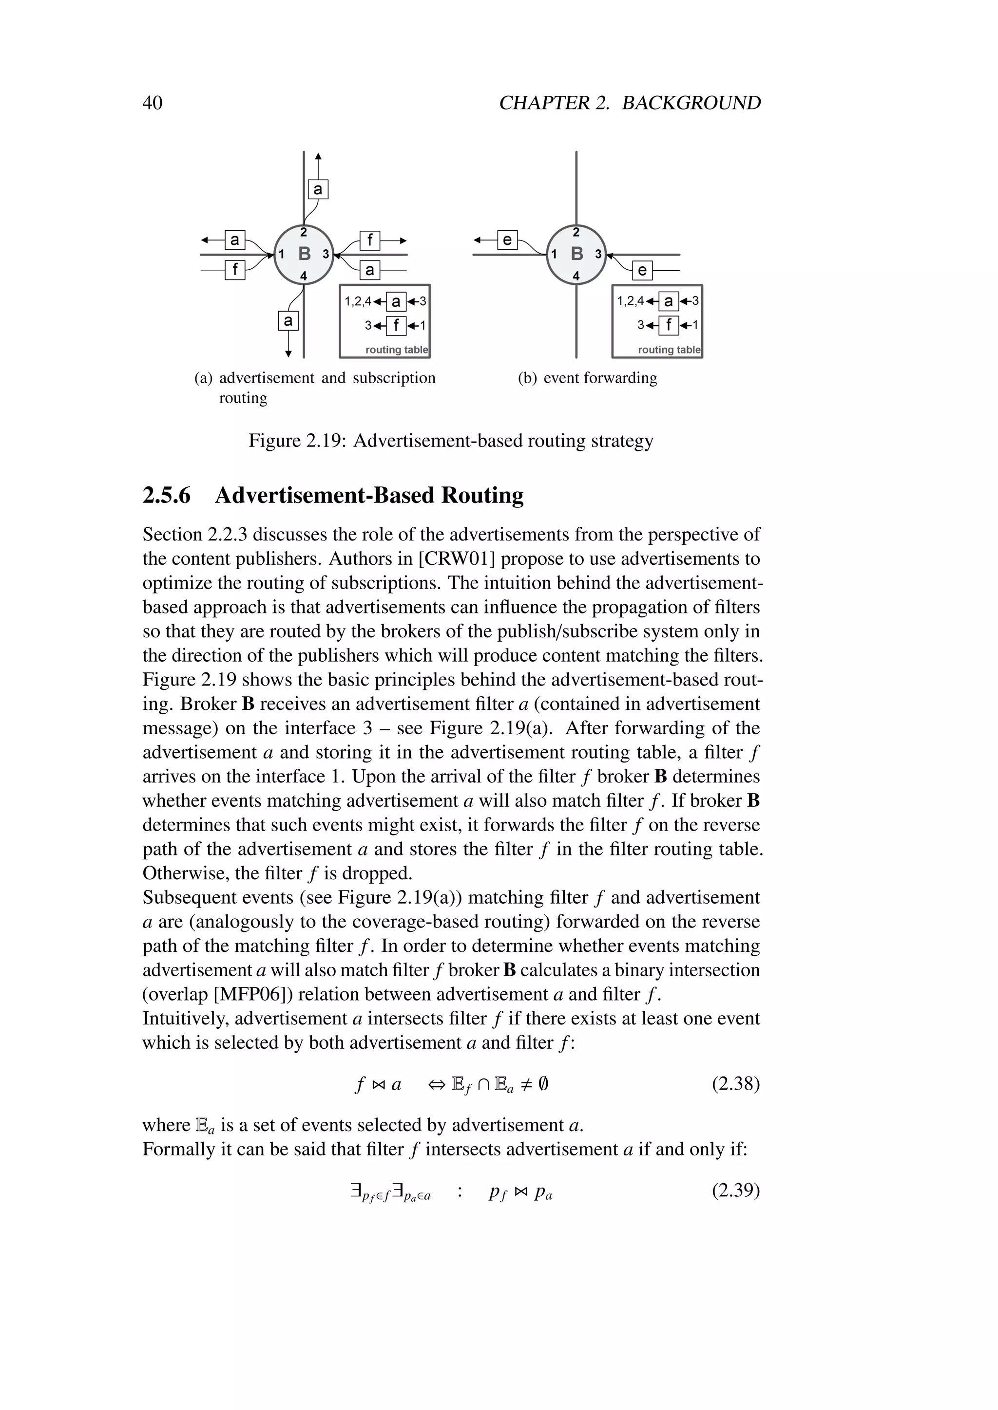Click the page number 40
[x=153, y=103]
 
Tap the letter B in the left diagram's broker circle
[x=304, y=254]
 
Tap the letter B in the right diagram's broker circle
[x=576, y=254]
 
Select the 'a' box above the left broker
[x=318, y=189]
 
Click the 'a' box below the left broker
[x=288, y=320]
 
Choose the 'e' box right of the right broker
[x=642, y=270]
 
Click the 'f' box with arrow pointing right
[x=370, y=240]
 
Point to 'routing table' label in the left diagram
[x=396, y=350]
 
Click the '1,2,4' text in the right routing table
[x=630, y=301]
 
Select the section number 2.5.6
[x=167, y=495]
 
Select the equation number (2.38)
[x=736, y=1083]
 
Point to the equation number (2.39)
[x=736, y=1190]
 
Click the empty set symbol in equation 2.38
[x=543, y=1084]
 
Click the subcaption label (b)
[x=527, y=378]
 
